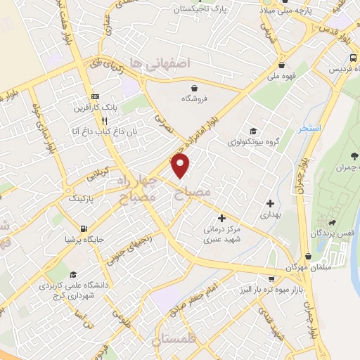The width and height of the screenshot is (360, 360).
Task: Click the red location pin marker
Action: (x=181, y=166)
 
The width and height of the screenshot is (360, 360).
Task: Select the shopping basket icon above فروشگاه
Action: (x=194, y=87)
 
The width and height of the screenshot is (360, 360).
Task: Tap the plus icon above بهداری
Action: (x=270, y=203)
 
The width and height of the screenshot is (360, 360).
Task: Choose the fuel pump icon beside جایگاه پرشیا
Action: (x=84, y=229)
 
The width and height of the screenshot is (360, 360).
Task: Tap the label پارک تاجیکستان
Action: (x=207, y=11)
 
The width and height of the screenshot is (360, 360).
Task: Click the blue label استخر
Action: (x=309, y=129)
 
